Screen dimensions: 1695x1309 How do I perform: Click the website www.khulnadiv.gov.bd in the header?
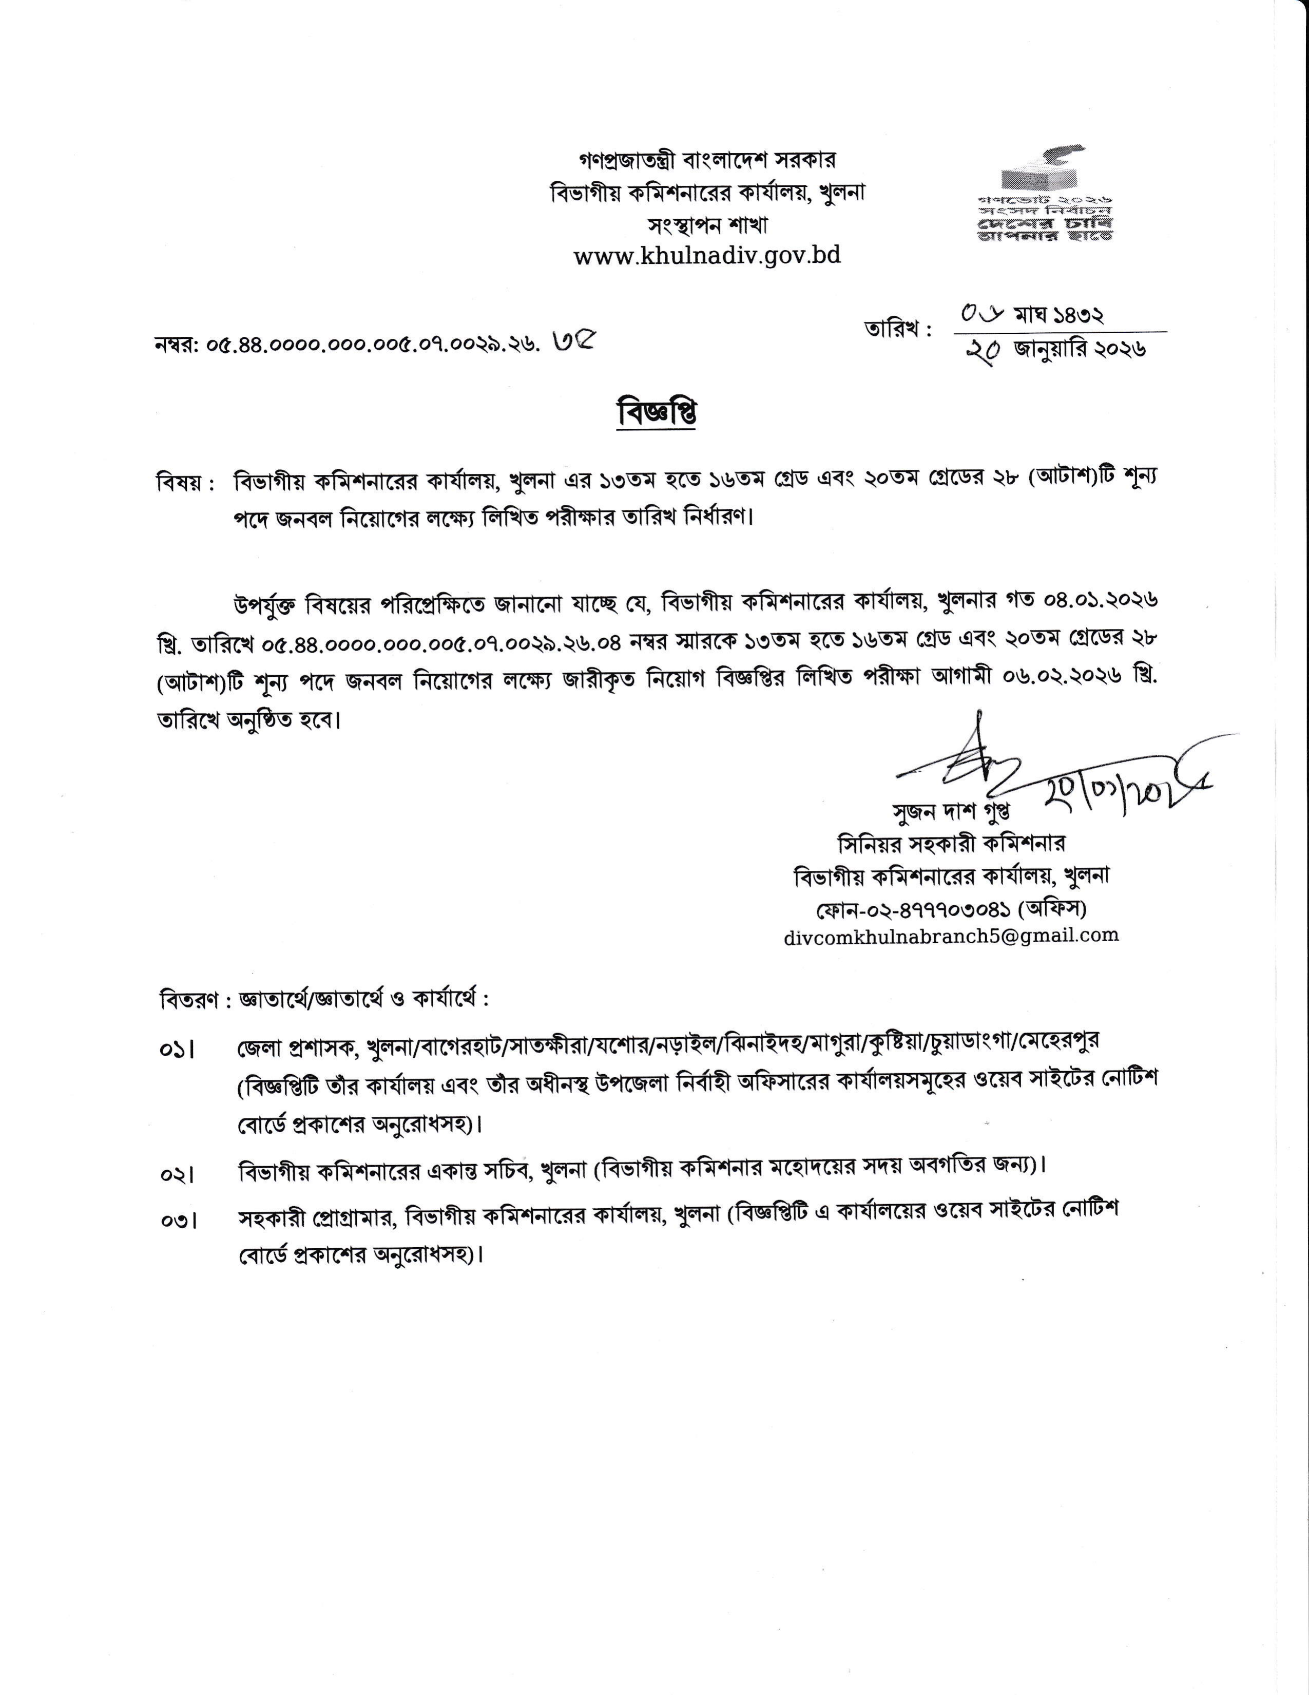coord(707,255)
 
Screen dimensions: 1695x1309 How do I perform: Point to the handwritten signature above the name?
coord(970,760)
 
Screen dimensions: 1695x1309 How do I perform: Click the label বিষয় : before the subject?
coord(185,483)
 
